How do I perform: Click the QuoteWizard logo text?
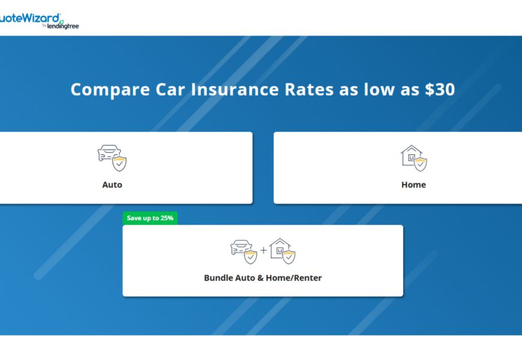click(30, 18)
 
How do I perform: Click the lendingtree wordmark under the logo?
click(63, 26)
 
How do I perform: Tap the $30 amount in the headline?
click(440, 89)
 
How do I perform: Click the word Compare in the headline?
click(110, 90)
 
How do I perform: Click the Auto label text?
click(112, 185)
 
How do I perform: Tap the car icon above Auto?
click(109, 153)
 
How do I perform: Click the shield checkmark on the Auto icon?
click(119, 164)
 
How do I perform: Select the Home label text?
click(413, 185)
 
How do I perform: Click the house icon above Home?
click(412, 155)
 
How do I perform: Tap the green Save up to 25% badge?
click(150, 218)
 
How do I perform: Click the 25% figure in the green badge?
click(167, 218)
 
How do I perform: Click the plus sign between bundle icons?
click(263, 250)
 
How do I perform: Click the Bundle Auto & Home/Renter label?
click(263, 278)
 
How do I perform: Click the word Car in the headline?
click(170, 89)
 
